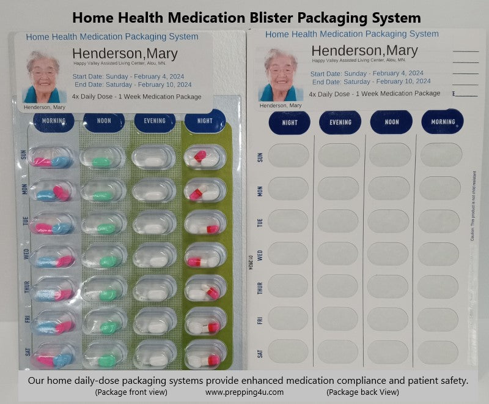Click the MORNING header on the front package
pyautogui.click(x=53, y=121)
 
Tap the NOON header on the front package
pyautogui.click(x=104, y=121)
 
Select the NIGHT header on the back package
pyautogui.click(x=290, y=122)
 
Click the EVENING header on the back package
pyautogui.click(x=340, y=122)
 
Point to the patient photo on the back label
pyautogui.click(x=281, y=75)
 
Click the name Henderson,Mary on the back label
pyautogui.click(x=364, y=50)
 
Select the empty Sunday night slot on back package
pyautogui.click(x=289, y=155)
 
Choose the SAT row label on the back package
pyautogui.click(x=260, y=354)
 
